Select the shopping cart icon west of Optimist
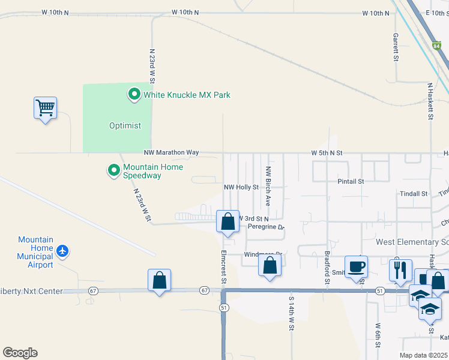[45, 109]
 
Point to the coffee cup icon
[356, 267]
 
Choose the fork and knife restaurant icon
[400, 270]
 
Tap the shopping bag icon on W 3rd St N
[228, 221]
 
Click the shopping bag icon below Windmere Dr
[270, 265]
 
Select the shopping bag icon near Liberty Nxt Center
[159, 280]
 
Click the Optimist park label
[125, 125]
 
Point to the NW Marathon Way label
[171, 153]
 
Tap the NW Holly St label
[241, 187]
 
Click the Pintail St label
[351, 181]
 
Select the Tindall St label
[414, 194]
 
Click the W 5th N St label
[327, 153]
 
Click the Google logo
[20, 353]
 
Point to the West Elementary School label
[412, 242]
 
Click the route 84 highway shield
[436, 45]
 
